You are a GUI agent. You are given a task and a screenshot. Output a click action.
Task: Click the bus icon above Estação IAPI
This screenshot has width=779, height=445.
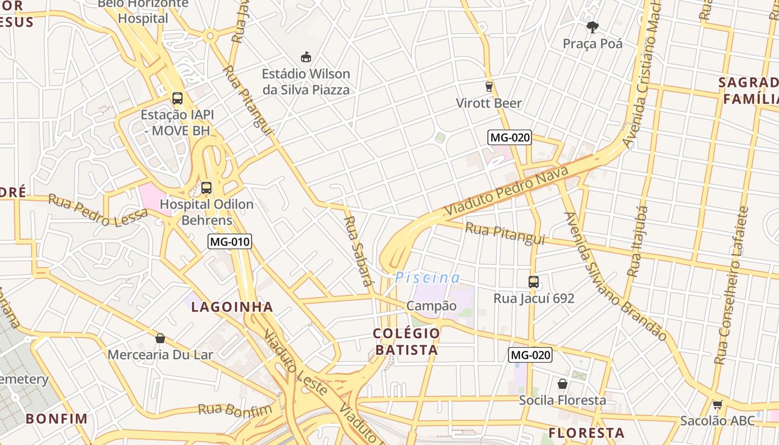click(178, 98)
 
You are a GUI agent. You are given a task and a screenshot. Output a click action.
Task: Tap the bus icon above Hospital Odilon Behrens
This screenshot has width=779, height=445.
click(206, 188)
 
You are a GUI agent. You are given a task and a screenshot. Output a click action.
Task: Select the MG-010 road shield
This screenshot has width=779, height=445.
click(230, 241)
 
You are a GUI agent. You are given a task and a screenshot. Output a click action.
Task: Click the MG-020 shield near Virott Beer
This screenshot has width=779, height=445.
click(510, 137)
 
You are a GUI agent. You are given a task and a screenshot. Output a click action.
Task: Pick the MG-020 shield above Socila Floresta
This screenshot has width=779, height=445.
click(530, 355)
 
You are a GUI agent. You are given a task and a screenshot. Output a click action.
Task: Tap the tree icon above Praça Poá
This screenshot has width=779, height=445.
click(593, 27)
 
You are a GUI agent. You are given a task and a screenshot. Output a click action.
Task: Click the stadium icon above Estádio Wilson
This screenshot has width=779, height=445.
click(305, 57)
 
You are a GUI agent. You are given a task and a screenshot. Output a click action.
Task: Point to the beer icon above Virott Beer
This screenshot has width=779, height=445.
click(489, 86)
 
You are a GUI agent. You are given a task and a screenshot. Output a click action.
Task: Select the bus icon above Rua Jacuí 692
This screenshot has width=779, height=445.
click(534, 282)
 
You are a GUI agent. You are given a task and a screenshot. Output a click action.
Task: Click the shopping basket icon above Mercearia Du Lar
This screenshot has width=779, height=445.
click(160, 338)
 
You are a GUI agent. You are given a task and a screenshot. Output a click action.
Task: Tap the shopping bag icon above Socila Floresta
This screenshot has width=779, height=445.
click(563, 384)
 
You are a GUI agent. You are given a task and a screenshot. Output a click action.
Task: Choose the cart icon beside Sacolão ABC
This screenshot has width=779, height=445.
click(718, 404)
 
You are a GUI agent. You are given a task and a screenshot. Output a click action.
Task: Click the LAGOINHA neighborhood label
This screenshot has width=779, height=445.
click(232, 307)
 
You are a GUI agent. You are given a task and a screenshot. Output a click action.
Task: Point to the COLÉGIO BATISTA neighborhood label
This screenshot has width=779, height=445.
click(406, 342)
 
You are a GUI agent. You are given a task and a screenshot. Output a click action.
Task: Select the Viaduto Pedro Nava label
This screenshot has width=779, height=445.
click(506, 191)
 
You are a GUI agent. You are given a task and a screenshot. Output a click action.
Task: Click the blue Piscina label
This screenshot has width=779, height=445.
click(427, 278)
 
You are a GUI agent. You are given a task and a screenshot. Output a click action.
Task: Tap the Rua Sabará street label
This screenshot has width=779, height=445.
click(358, 251)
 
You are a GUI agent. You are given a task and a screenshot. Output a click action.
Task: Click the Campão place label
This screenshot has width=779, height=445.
click(431, 306)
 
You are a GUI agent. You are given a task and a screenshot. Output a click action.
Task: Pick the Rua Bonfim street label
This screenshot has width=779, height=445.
click(235, 410)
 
